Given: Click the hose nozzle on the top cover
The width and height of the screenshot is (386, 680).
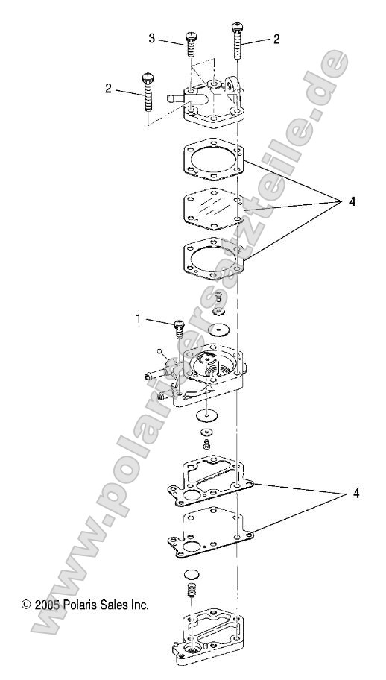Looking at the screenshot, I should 179,97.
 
